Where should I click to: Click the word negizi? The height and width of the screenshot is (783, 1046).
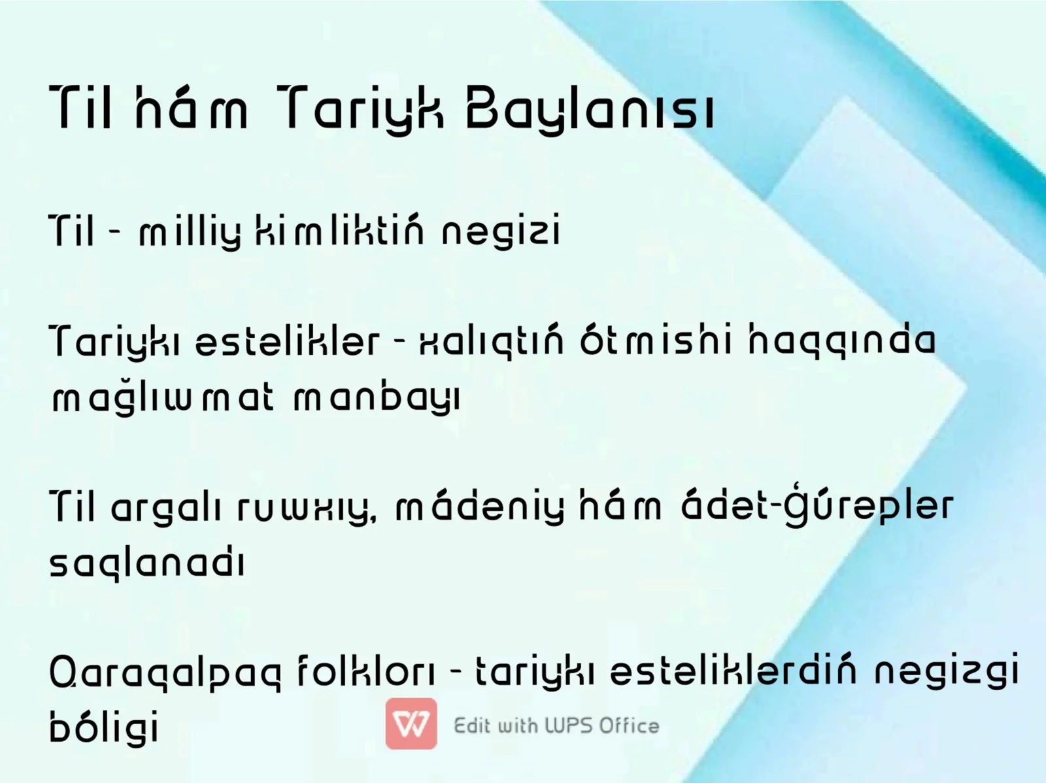(501, 232)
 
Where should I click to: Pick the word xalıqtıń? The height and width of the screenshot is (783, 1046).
(491, 341)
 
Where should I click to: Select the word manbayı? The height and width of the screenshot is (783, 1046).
(377, 398)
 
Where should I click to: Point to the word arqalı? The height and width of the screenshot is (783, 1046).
(165, 507)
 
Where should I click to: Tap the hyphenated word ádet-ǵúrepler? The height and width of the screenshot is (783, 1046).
(817, 506)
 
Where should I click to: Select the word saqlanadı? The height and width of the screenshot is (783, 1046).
(147, 563)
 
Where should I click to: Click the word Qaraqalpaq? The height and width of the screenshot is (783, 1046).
(165, 673)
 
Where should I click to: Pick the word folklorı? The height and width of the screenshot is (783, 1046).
(366, 671)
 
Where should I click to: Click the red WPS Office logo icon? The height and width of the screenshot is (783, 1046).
(411, 724)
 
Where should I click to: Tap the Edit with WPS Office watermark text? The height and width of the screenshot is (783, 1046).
(556, 725)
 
